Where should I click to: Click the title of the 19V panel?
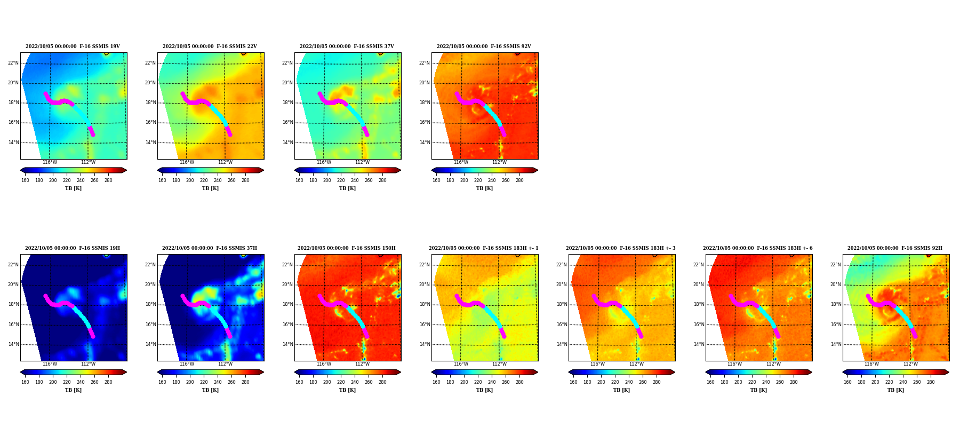coord(73,46)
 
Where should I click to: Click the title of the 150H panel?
coord(347,248)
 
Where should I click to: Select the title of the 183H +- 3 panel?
coord(621,248)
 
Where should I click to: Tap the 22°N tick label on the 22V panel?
coord(150,63)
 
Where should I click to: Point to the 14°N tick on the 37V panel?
coord(287,143)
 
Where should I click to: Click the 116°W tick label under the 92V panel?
coord(461,162)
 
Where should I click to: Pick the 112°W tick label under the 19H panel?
coord(88,364)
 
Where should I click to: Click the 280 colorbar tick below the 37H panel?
coord(245,382)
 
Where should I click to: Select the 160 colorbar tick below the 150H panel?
coord(299,382)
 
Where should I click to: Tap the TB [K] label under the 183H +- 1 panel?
coord(484,390)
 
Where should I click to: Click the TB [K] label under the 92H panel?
coord(895,390)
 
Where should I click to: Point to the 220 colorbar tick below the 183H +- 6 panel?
coord(752,382)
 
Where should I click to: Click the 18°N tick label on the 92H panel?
coord(836,304)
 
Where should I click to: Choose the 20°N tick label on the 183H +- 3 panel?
coord(562,284)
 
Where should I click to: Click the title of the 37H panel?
coord(210,248)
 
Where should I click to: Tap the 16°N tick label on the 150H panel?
coord(287,325)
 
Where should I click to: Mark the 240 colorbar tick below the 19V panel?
coord(81,180)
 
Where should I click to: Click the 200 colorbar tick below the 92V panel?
coord(464,180)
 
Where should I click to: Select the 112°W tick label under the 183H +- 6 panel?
coord(773,364)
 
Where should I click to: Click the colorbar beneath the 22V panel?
coord(211,170)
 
